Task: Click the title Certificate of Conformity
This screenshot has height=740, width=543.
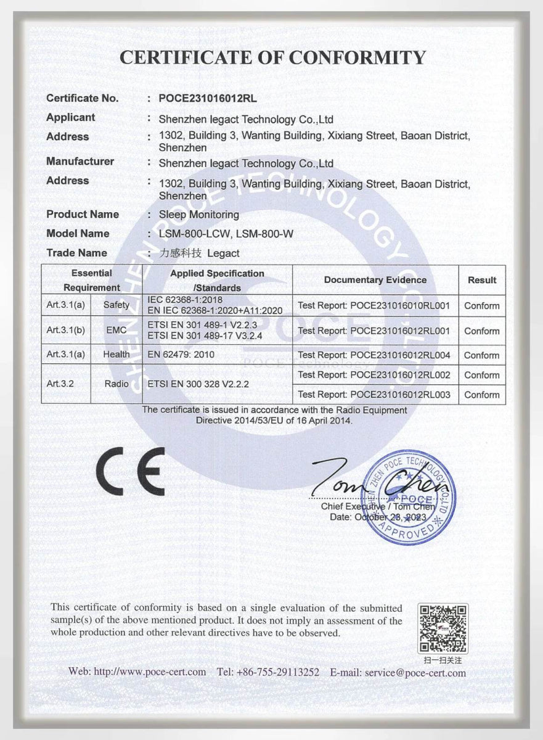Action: [x=272, y=57]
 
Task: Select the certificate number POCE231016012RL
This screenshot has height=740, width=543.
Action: [x=208, y=98]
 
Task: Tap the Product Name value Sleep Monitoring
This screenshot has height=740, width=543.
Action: [x=198, y=215]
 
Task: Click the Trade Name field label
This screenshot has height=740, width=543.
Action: [x=76, y=253]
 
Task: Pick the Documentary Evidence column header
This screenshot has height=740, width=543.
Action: [x=375, y=280]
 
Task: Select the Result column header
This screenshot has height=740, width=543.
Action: [x=481, y=280]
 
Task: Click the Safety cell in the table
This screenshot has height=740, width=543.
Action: [x=116, y=305]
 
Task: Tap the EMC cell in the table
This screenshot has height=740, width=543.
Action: [x=116, y=331]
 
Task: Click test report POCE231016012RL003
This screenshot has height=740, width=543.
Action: [x=374, y=395]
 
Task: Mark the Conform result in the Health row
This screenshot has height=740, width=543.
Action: [x=481, y=355]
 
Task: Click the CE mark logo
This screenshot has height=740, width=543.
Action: [x=130, y=472]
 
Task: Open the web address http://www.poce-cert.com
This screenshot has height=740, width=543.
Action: [x=137, y=672]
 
